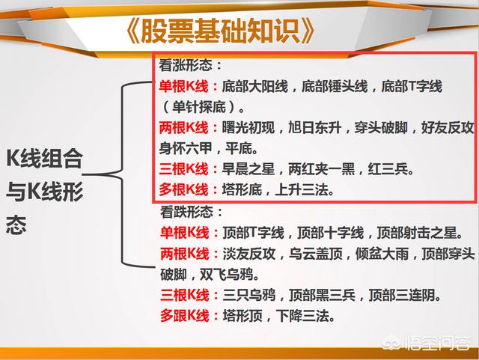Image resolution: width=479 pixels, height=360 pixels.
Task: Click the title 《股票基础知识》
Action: pos(220,31)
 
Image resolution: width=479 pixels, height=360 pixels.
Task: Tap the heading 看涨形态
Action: pos(186,65)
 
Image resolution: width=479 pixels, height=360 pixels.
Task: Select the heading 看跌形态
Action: pos(186,212)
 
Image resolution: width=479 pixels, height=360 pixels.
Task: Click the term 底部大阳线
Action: pos(254,87)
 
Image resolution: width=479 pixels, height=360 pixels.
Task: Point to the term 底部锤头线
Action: pos(335,87)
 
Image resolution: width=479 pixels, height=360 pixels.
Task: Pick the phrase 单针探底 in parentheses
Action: pos(199,107)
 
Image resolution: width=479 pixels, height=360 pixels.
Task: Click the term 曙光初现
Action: pos(248,128)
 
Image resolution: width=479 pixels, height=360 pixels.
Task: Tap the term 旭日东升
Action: pos(315,128)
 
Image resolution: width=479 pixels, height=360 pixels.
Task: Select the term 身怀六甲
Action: pos(186,148)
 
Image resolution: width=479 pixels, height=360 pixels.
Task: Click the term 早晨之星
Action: pos(248,169)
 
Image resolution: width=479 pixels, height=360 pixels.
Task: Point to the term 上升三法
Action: pos(302,190)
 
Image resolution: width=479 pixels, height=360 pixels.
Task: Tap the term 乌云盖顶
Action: pos(316,254)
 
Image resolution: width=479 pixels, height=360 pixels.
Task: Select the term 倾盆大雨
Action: pos(382,254)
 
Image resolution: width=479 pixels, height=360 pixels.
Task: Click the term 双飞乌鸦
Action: pos(226,275)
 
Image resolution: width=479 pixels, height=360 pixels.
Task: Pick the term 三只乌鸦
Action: pos(249,295)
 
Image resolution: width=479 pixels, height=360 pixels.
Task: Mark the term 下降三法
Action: pos(302,316)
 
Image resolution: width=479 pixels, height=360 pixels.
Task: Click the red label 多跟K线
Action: pos(185,316)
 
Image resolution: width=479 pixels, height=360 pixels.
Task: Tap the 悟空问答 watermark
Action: pos(427,343)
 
